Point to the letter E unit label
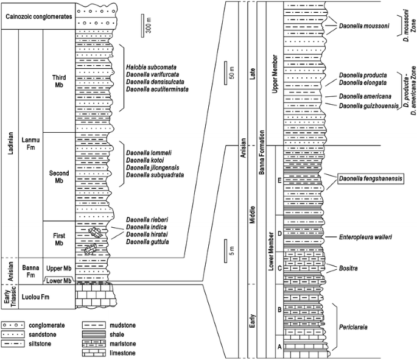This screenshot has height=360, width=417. pyautogui.click(x=279, y=180)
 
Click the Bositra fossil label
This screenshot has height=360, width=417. pyautogui.click(x=345, y=268)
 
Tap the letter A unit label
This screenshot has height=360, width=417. pyautogui.click(x=279, y=346)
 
